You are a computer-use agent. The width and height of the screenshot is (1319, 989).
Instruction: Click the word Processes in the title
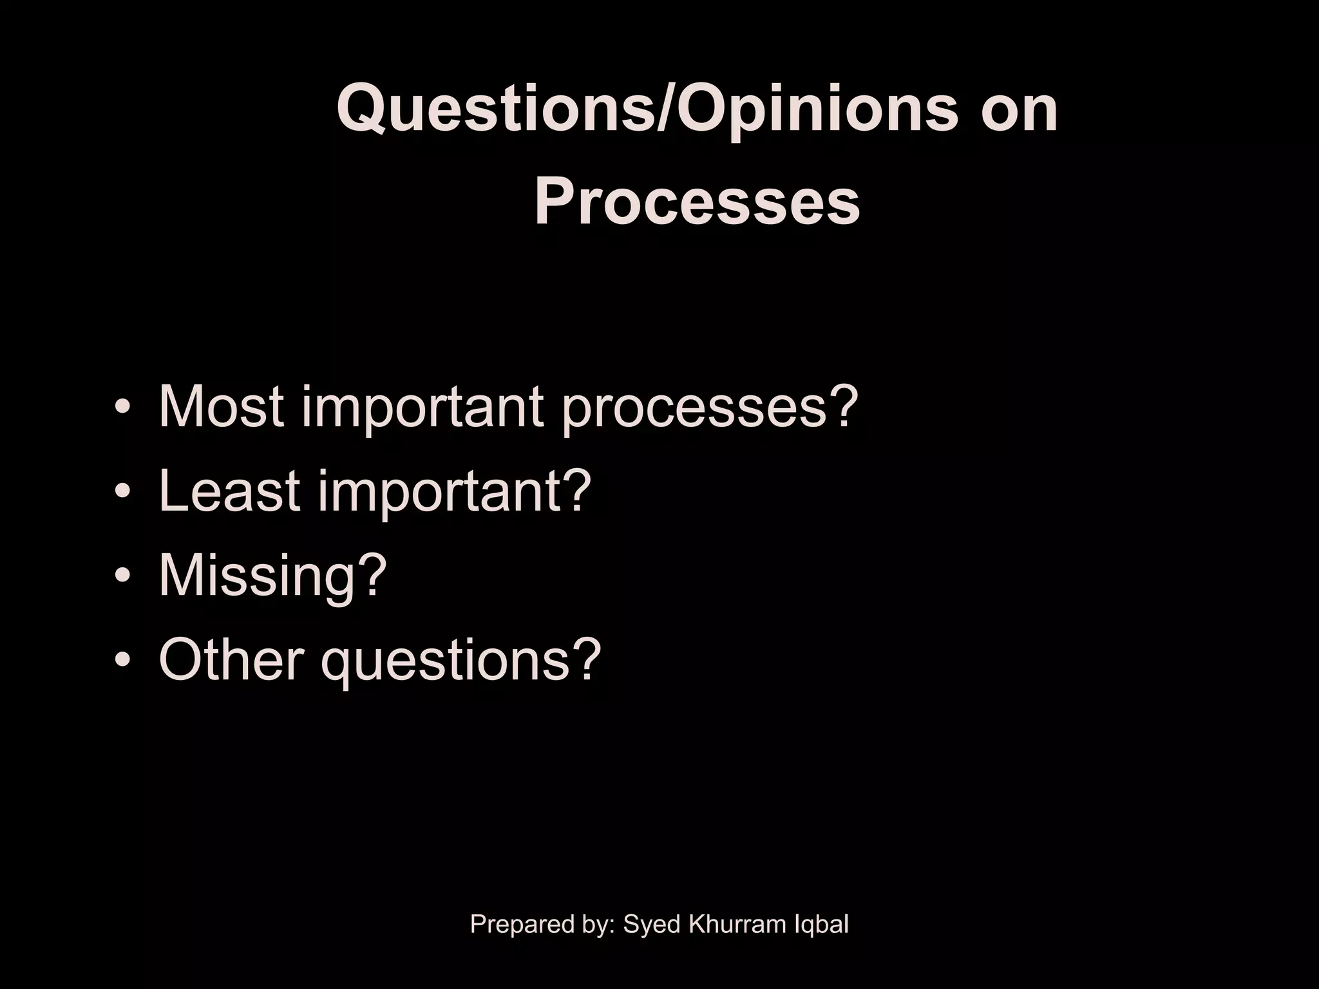[697, 202]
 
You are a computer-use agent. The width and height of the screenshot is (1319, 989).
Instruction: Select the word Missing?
[272, 575]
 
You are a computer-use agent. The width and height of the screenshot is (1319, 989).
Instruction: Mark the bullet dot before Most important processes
[122, 408]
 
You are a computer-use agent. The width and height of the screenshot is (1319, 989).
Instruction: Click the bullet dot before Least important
[122, 493]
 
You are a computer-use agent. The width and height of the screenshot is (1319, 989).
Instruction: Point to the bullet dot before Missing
[122, 576]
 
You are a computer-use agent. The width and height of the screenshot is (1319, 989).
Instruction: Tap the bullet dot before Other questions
[122, 661]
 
